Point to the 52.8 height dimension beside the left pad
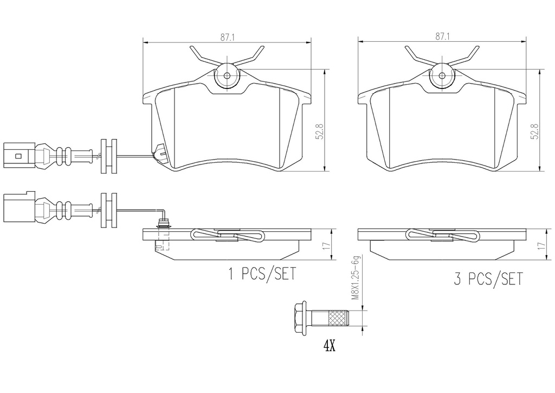tap(320, 131)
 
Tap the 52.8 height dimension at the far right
tap(534, 131)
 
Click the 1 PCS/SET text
tap(262, 274)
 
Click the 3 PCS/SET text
tap(488, 279)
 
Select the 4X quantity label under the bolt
tap(329, 346)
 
